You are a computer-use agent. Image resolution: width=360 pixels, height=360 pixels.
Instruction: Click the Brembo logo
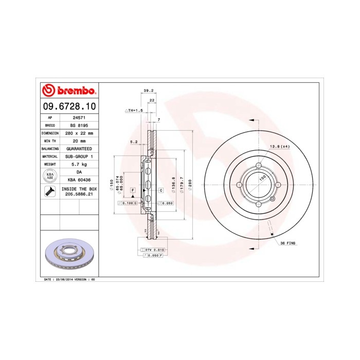point(68,91)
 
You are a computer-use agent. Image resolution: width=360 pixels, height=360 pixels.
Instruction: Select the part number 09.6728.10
point(68,106)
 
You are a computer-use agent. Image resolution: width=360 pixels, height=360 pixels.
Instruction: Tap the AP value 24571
point(79,117)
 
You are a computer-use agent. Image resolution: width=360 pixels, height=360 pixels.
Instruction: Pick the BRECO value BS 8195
point(79,125)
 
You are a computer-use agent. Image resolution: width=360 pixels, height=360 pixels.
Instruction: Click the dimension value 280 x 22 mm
point(79,133)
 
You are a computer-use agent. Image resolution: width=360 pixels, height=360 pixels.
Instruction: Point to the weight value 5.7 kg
point(79,164)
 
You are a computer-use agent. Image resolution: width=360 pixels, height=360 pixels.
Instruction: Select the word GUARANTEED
point(79,148)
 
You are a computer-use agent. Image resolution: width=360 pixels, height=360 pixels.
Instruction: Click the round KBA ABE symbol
point(50,175)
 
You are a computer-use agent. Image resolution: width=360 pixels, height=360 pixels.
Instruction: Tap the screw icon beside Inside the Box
point(50,192)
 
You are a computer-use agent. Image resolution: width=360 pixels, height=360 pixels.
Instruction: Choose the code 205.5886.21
point(79,195)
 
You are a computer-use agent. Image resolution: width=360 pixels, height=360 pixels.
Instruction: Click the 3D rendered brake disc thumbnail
point(68,254)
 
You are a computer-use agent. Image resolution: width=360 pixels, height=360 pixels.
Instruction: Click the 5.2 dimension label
point(134,141)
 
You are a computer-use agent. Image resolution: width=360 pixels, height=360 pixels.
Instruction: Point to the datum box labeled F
point(132,190)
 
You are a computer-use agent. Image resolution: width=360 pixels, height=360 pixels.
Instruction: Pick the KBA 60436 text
point(79,179)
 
